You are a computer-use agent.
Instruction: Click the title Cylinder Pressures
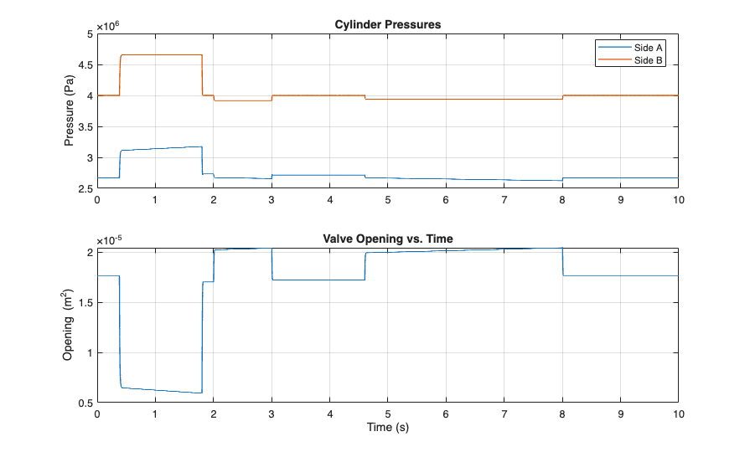coord(388,24)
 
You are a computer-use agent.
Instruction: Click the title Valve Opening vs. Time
coord(388,239)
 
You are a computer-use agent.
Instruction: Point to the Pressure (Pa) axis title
coord(70,111)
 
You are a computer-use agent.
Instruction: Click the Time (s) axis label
coord(388,427)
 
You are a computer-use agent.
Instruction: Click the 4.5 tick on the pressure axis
coord(85,64)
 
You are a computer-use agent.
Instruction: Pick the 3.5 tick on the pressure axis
coord(85,127)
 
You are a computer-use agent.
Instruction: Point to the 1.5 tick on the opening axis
coord(85,301)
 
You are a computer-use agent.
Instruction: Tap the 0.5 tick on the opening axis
coord(85,403)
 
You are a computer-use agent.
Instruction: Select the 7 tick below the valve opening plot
coord(504,414)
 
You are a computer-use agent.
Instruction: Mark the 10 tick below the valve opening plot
coord(678,414)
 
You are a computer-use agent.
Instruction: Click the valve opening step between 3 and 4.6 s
coord(318,280)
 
